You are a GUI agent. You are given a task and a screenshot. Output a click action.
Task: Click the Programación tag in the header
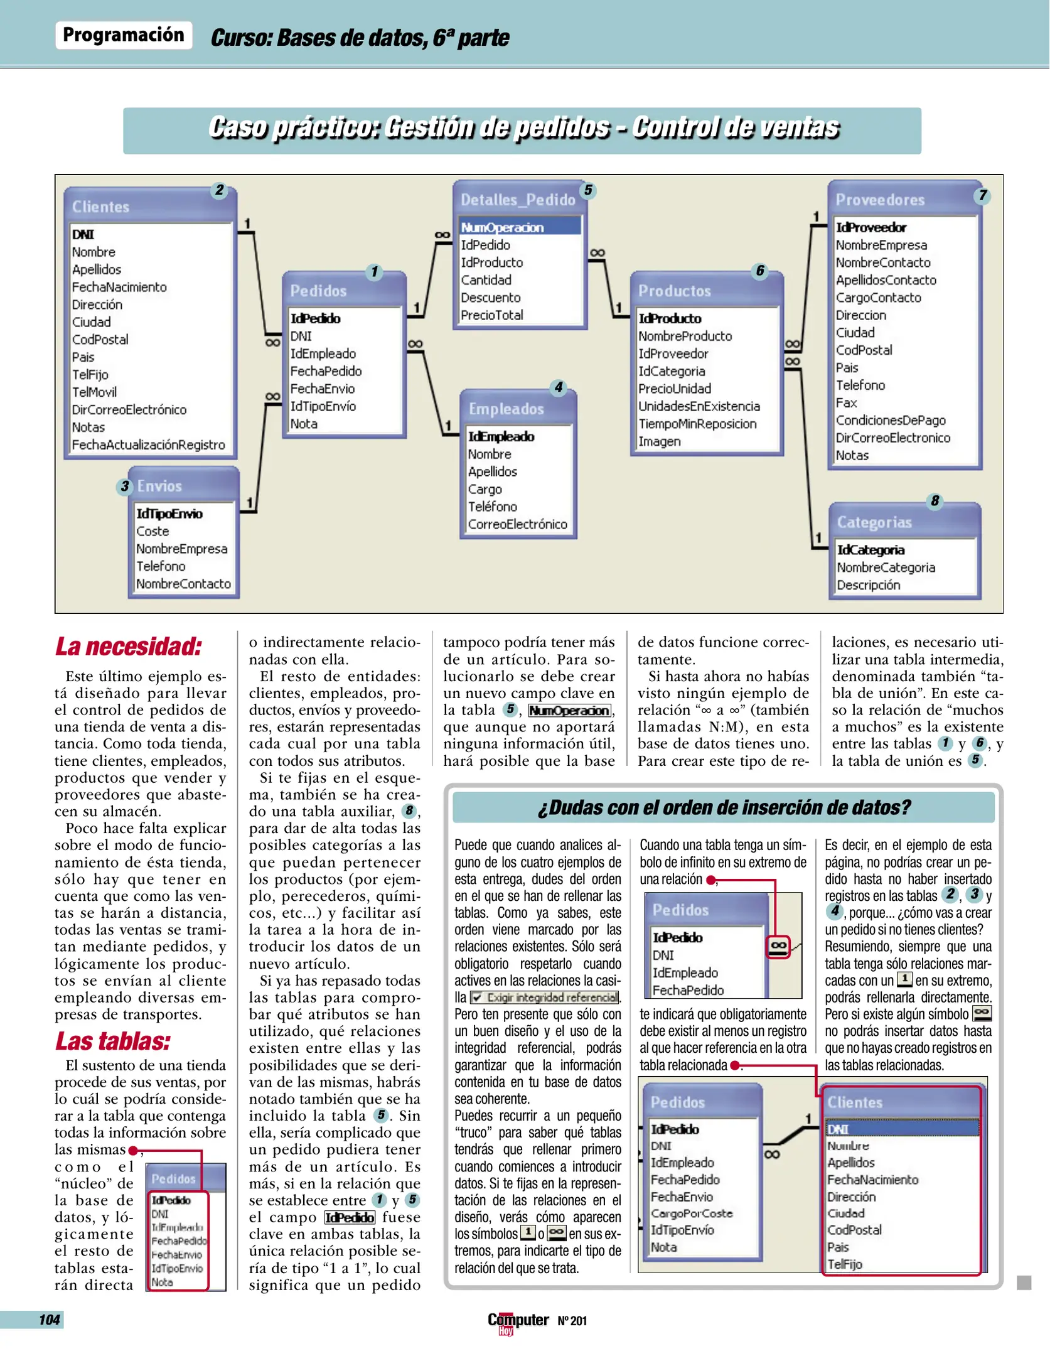point(124,35)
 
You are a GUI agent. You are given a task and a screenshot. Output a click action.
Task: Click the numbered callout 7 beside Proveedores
point(982,196)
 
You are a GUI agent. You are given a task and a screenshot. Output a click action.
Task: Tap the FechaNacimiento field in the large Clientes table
point(119,287)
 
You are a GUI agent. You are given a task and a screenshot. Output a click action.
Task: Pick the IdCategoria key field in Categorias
point(871,550)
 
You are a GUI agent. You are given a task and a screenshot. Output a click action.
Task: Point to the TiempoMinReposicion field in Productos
point(697,424)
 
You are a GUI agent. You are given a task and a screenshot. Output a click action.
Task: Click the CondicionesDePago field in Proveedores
point(890,421)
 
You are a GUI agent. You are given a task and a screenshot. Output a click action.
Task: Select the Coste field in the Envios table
point(153,531)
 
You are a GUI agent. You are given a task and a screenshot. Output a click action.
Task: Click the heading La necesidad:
point(129,647)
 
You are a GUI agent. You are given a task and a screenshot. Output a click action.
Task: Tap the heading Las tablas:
point(113,1041)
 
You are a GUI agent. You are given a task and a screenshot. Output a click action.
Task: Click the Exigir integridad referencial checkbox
point(477,998)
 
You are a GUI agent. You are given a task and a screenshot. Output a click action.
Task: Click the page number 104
point(49,1320)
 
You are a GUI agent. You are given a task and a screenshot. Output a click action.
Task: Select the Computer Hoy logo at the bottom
point(518,1321)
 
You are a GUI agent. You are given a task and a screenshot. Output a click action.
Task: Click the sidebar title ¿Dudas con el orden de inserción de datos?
point(724,807)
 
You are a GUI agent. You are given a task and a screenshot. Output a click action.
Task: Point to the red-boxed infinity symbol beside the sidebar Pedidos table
point(778,945)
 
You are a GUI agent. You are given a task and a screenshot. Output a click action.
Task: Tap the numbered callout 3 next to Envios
point(125,487)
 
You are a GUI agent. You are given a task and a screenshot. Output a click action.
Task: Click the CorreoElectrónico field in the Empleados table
point(517,524)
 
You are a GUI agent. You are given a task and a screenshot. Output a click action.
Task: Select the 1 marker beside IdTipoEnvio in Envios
point(249,503)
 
